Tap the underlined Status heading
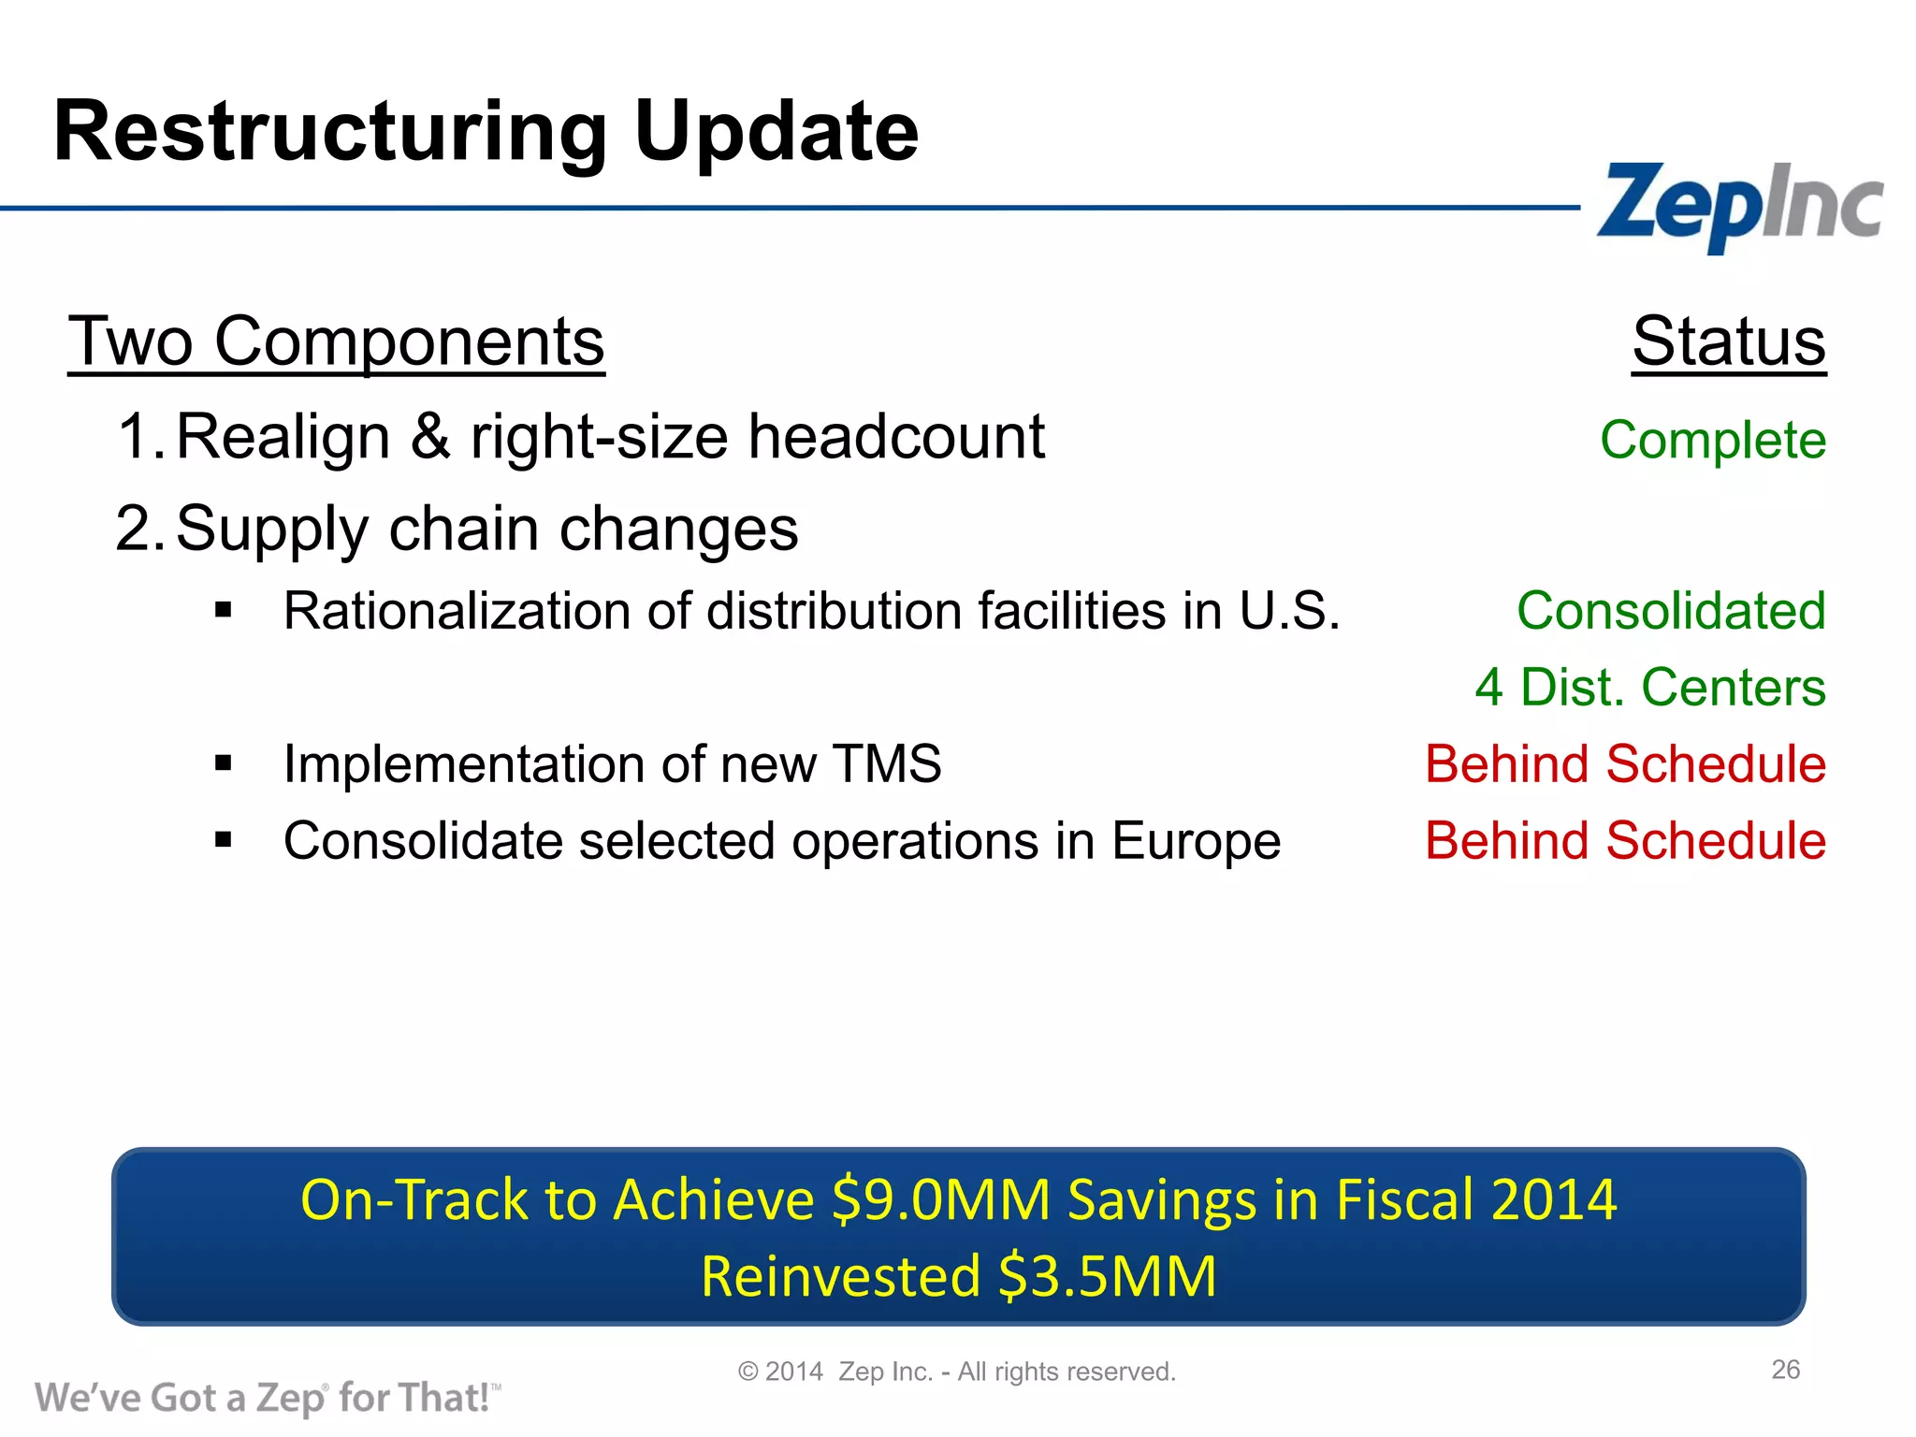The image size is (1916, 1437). [x=1728, y=342]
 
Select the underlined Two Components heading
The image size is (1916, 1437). [x=336, y=342]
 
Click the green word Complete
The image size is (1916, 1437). [x=1712, y=440]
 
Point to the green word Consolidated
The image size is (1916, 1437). [x=1671, y=611]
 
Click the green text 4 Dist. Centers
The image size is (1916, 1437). [x=1650, y=688]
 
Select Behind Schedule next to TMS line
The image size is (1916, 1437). [x=1625, y=764]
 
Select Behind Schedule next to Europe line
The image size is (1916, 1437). [x=1625, y=841]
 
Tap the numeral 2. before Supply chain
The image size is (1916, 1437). [x=140, y=529]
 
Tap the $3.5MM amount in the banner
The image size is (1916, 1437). [x=1107, y=1277]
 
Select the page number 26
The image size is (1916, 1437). [x=1785, y=1370]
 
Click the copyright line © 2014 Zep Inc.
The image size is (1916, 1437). [x=956, y=1372]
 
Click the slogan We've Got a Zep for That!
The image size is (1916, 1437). [x=267, y=1398]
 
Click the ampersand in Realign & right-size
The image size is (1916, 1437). [x=429, y=437]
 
